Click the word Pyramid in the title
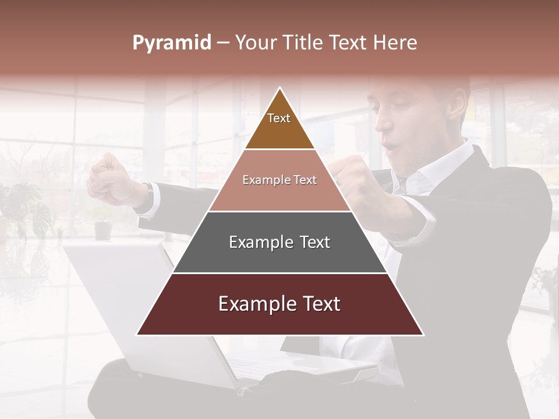[x=171, y=43]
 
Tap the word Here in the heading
[x=395, y=42]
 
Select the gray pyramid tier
[x=279, y=243]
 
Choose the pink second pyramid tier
[x=279, y=180]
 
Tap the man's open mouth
[x=394, y=144]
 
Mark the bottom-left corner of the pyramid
[x=136, y=335]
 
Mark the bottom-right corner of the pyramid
[x=423, y=335]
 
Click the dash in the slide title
[x=222, y=43]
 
